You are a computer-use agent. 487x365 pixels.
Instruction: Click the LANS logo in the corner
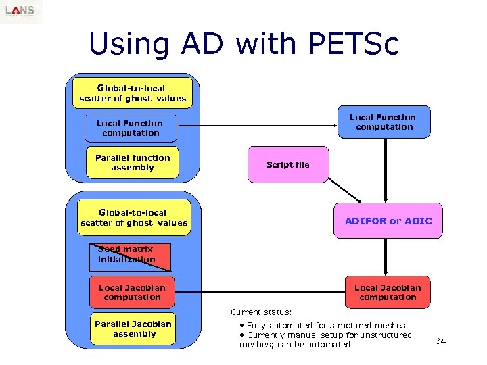(20, 11)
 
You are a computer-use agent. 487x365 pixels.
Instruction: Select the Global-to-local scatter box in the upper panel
(133, 93)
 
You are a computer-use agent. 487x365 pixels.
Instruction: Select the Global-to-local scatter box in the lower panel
(134, 218)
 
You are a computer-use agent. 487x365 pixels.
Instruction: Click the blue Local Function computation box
(130, 128)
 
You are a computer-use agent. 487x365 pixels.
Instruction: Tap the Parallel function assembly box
(133, 163)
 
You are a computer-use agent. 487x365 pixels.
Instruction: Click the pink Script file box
(287, 165)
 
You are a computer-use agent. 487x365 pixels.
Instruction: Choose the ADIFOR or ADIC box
(388, 221)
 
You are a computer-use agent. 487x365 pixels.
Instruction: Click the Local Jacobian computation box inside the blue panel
(132, 293)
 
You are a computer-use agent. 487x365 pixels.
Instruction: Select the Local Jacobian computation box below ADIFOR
(388, 293)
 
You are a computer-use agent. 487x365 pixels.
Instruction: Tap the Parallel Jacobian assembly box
(134, 329)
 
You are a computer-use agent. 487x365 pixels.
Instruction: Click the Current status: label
(261, 312)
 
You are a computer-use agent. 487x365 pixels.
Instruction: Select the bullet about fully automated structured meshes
(323, 325)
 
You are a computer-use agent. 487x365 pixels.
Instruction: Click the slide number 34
(441, 341)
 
